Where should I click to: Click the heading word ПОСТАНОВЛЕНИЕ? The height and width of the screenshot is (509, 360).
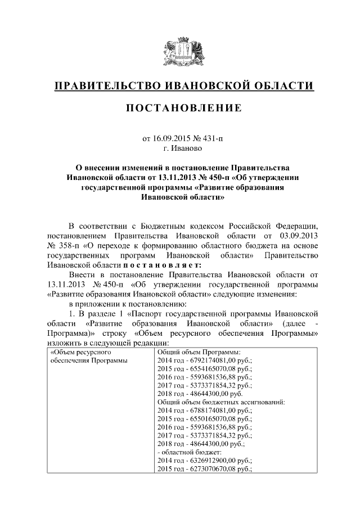pos(180,107)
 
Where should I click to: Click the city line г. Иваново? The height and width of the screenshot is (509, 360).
pos(180,148)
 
